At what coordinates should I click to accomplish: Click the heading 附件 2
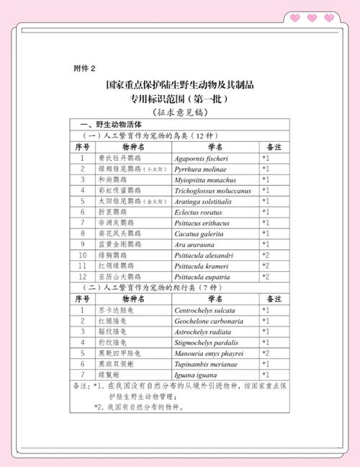[85, 68]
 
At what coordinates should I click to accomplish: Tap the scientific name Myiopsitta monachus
[206, 180]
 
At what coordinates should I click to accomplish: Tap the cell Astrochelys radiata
[204, 332]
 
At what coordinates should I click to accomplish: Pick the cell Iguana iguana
[197, 375]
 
